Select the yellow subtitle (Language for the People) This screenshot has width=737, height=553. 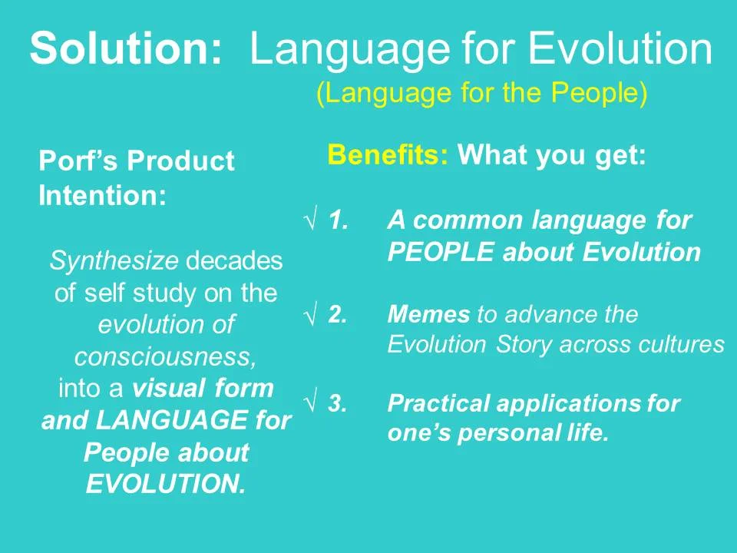pyautogui.click(x=482, y=93)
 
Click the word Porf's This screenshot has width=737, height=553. pyautogui.click(x=79, y=161)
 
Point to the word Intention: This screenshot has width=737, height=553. pyautogui.click(x=102, y=196)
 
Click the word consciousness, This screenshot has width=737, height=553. pyautogui.click(x=165, y=357)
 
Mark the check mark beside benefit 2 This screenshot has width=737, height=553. pyautogui.click(x=311, y=315)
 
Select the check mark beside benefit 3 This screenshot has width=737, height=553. pyautogui.click(x=311, y=404)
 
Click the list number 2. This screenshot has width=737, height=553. pyautogui.click(x=337, y=315)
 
